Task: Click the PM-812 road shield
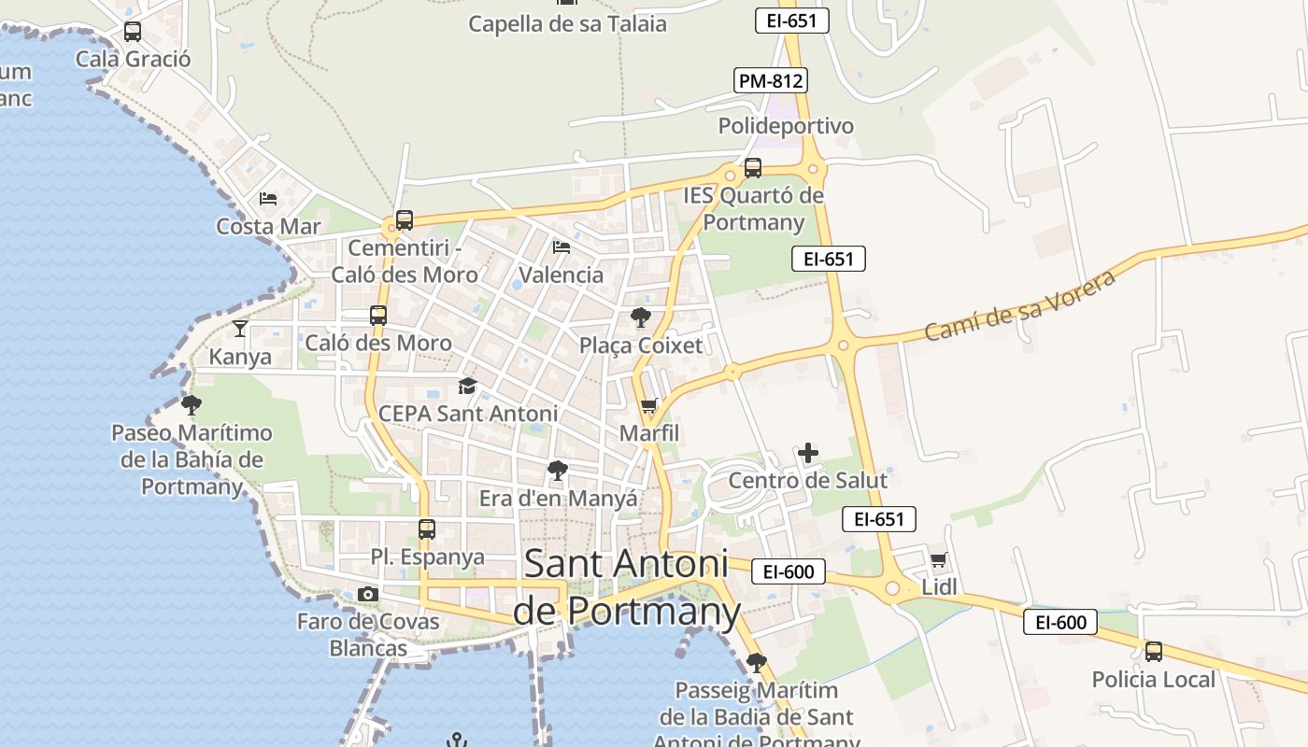[770, 80]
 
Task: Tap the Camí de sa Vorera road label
[1019, 306]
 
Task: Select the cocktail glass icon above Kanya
[240, 328]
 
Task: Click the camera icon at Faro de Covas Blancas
[368, 594]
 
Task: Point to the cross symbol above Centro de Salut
[808, 454]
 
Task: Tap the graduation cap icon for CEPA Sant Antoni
[467, 387]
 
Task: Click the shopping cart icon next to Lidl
[938, 560]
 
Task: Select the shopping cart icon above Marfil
[648, 406]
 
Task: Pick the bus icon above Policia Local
[1154, 651]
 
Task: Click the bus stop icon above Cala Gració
[133, 32]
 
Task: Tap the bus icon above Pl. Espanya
[427, 529]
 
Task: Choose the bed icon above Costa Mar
[268, 198]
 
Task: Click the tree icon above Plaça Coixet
[641, 317]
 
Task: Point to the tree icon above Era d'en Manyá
[558, 471]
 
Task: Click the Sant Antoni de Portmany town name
[626, 586]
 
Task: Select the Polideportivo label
[786, 126]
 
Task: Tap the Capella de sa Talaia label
[567, 23]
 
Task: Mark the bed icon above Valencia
[562, 247]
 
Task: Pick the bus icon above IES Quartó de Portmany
[753, 168]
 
